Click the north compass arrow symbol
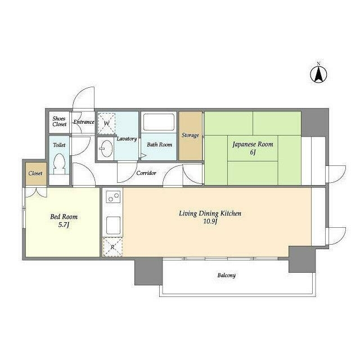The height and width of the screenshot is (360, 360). [x=318, y=74]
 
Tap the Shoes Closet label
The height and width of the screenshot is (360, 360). [x=59, y=121]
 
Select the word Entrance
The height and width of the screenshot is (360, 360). [x=84, y=122]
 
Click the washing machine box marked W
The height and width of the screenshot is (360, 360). [x=106, y=124]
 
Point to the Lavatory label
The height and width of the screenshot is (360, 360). [x=127, y=139]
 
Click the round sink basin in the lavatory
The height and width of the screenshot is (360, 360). [x=107, y=148]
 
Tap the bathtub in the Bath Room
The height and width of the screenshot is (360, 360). [x=159, y=122]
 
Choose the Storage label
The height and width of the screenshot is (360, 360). [x=190, y=135]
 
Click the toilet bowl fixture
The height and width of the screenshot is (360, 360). [x=60, y=164]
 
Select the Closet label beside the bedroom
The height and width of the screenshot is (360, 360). [x=35, y=173]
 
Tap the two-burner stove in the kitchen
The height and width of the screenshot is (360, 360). [x=113, y=197]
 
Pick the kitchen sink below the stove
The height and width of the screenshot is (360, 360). [x=113, y=226]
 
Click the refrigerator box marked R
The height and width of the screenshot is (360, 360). [x=112, y=247]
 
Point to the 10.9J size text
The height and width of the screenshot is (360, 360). [x=210, y=222]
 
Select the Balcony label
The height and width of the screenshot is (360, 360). [x=226, y=275]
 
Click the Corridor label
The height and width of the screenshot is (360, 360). [x=146, y=173]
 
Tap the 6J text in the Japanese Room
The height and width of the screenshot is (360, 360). [x=253, y=152]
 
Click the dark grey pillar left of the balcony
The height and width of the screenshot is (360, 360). [x=148, y=271]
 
